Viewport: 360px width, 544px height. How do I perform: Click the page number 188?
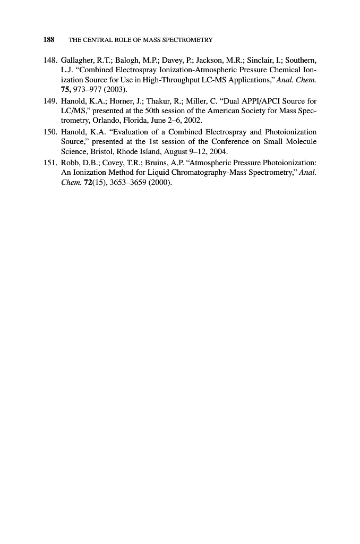click(x=48, y=40)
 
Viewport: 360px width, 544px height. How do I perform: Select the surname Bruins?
click(x=165, y=162)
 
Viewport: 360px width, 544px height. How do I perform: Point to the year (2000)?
click(x=159, y=182)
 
